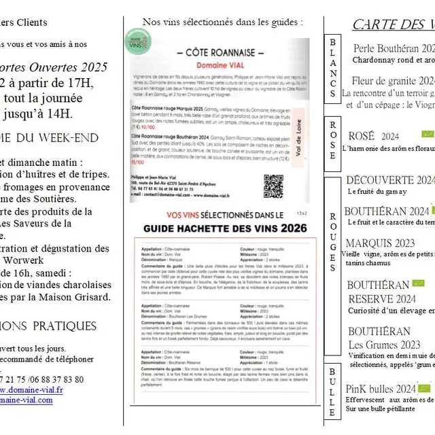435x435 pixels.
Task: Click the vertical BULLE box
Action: pyautogui.click(x=332, y=392)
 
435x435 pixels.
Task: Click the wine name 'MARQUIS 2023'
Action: pyautogui.click(x=380, y=243)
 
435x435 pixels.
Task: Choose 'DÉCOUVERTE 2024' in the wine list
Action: pyautogui.click(x=389, y=180)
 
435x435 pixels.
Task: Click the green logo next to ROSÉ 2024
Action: pyautogui.click(x=427, y=135)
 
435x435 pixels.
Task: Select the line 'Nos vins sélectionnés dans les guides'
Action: pyautogui.click(x=222, y=22)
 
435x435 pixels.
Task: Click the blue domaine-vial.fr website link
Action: pyautogui.click(x=31, y=390)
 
